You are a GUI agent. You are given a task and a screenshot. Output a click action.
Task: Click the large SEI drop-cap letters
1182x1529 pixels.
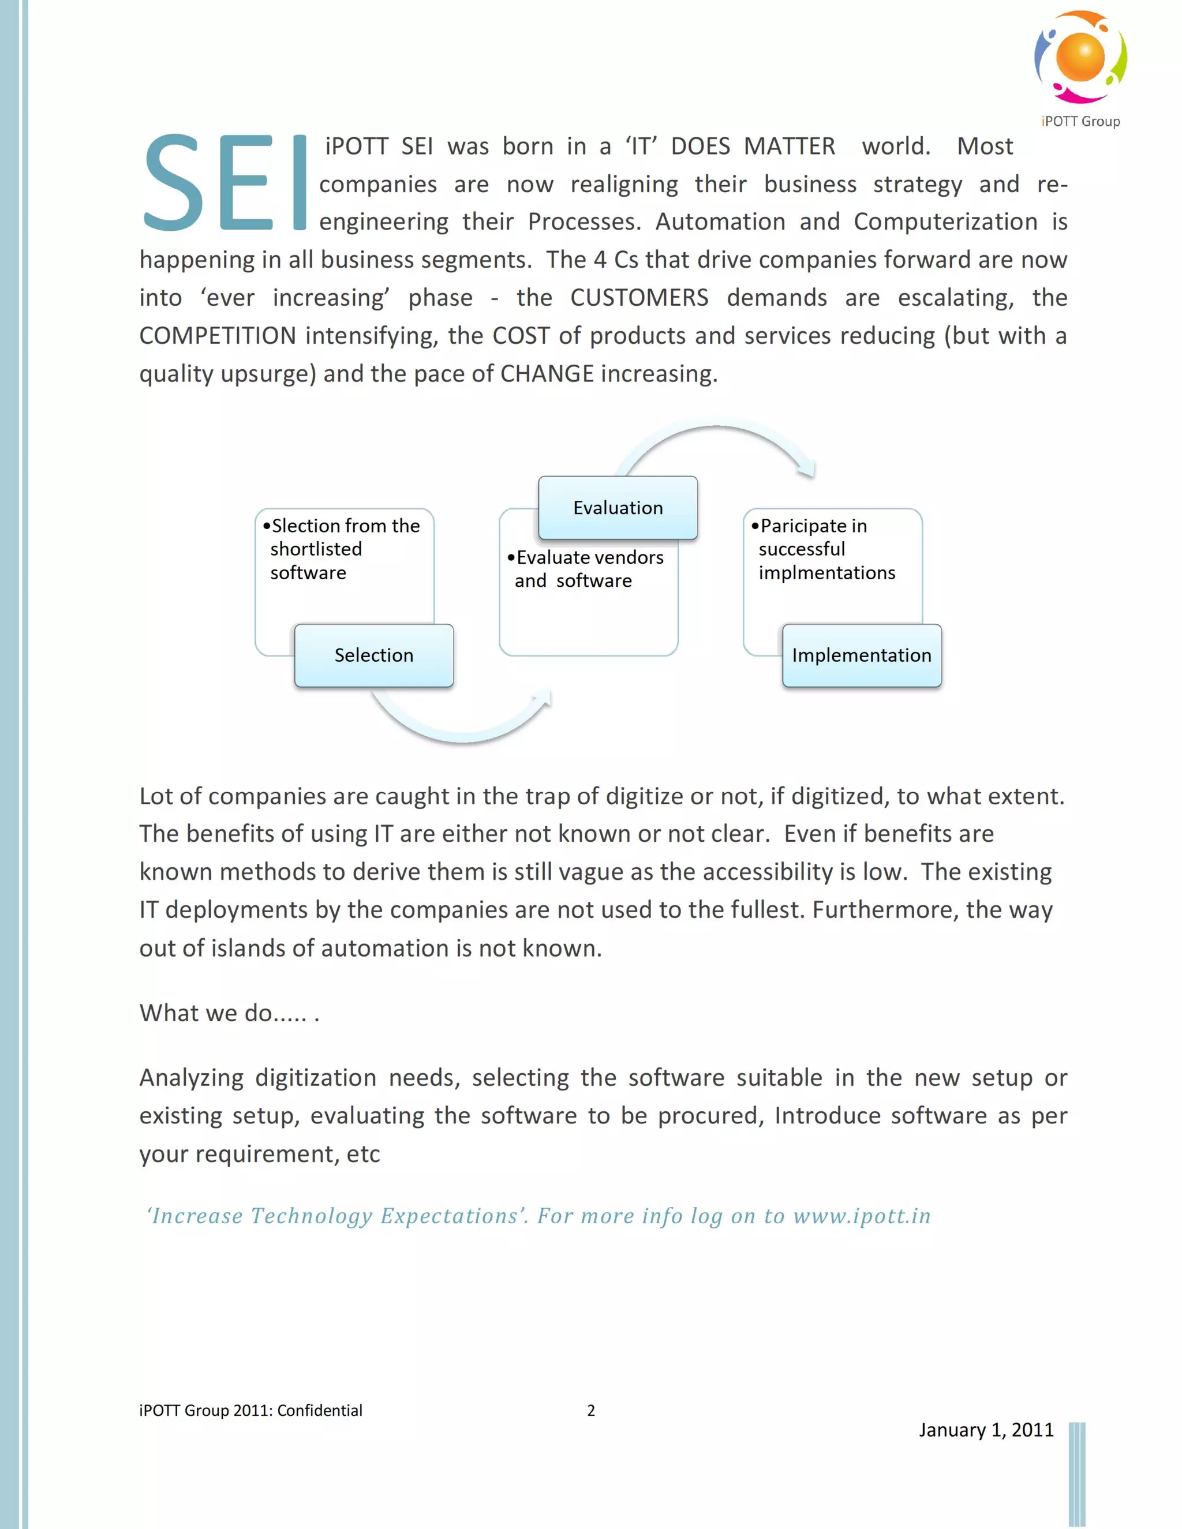coord(225,183)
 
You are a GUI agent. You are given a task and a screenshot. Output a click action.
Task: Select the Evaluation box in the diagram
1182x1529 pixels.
coord(618,508)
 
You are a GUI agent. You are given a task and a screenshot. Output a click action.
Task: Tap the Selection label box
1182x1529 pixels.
coord(374,655)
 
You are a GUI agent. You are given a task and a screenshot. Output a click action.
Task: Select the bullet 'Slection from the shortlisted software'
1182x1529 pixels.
coord(343,549)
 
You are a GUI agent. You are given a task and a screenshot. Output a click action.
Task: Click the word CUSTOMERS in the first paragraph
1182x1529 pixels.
coord(639,298)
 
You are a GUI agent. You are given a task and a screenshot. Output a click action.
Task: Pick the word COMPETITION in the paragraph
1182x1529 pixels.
coord(217,335)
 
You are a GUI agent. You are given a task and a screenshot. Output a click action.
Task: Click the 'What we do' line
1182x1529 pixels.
coord(229,1013)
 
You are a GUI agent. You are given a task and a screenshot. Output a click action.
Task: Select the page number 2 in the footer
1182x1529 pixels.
coord(591,1410)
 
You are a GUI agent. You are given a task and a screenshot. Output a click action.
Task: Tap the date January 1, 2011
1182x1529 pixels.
coord(986,1430)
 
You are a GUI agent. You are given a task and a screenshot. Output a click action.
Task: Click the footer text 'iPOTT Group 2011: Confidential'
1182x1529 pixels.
coord(250,1410)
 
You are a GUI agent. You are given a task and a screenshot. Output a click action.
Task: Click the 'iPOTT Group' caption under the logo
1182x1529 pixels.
coord(1080,121)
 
